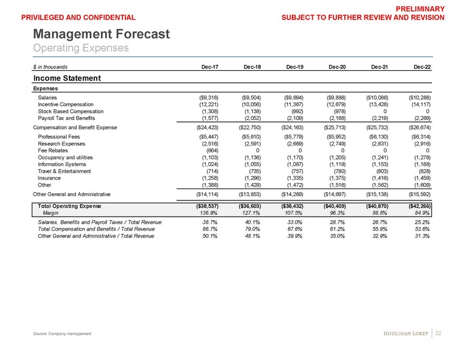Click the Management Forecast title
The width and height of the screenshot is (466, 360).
(x=101, y=35)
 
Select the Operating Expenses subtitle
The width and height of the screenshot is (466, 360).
(x=81, y=47)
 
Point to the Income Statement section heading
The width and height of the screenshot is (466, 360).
(x=66, y=78)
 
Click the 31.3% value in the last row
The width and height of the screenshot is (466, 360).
(x=423, y=236)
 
